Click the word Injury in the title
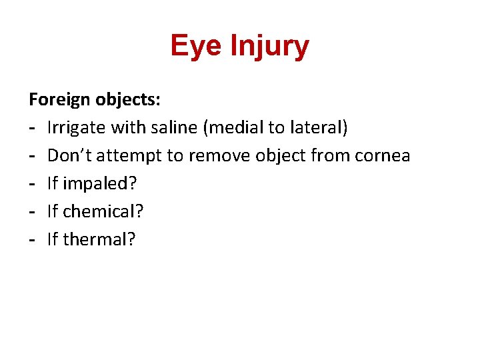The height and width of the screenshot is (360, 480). click(270, 46)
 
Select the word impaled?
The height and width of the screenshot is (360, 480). click(99, 184)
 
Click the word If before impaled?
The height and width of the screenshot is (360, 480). click(52, 184)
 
